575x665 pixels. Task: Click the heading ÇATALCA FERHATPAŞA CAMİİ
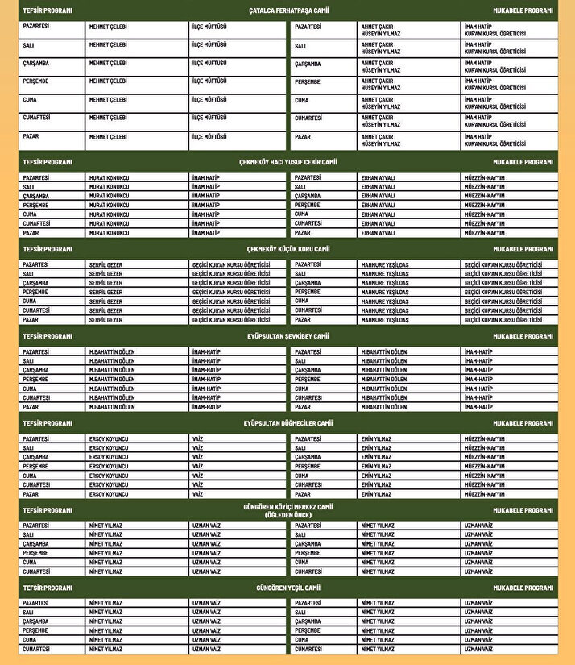click(288, 11)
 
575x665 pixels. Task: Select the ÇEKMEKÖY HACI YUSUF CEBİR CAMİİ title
click(288, 162)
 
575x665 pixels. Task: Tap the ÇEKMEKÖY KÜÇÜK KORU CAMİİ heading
click(288, 249)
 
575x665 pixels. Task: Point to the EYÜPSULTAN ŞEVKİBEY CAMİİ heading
click(288, 336)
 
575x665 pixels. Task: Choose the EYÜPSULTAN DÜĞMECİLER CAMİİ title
click(288, 423)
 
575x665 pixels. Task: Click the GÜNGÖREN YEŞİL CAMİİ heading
click(288, 588)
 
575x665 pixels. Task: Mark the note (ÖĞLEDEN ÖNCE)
click(288, 515)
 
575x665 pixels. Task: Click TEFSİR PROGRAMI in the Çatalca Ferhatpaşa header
click(48, 11)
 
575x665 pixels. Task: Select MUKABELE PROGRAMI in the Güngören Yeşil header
click(523, 588)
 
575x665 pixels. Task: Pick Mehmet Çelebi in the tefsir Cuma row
click(108, 100)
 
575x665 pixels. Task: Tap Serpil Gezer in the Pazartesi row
click(105, 264)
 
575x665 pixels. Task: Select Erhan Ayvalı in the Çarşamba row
click(378, 196)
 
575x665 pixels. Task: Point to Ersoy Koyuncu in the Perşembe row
click(109, 467)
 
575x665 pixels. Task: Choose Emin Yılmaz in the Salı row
click(376, 448)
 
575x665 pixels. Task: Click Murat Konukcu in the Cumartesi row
click(109, 224)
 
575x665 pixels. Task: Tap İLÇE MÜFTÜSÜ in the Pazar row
click(209, 137)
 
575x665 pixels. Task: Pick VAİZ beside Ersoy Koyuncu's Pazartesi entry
click(198, 439)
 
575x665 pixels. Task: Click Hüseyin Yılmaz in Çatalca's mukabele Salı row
click(380, 52)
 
